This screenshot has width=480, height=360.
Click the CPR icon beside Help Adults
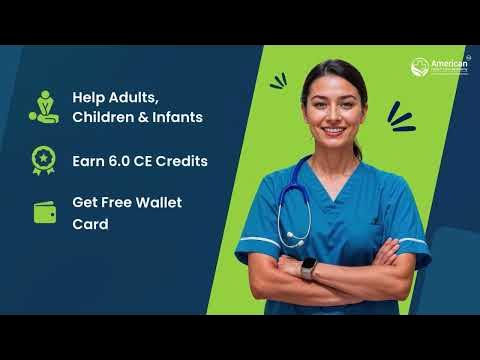point(43,107)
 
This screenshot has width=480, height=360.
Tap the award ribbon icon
point(43,160)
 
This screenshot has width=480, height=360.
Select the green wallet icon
point(43,213)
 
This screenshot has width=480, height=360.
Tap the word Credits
point(181,160)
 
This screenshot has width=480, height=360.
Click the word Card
point(88,224)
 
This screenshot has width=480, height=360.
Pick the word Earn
point(89,160)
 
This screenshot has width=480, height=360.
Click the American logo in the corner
point(432,68)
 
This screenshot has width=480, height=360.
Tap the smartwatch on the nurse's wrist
point(308,267)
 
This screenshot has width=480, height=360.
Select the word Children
point(108,117)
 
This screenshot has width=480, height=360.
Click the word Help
point(89,97)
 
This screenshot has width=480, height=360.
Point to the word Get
point(84,202)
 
